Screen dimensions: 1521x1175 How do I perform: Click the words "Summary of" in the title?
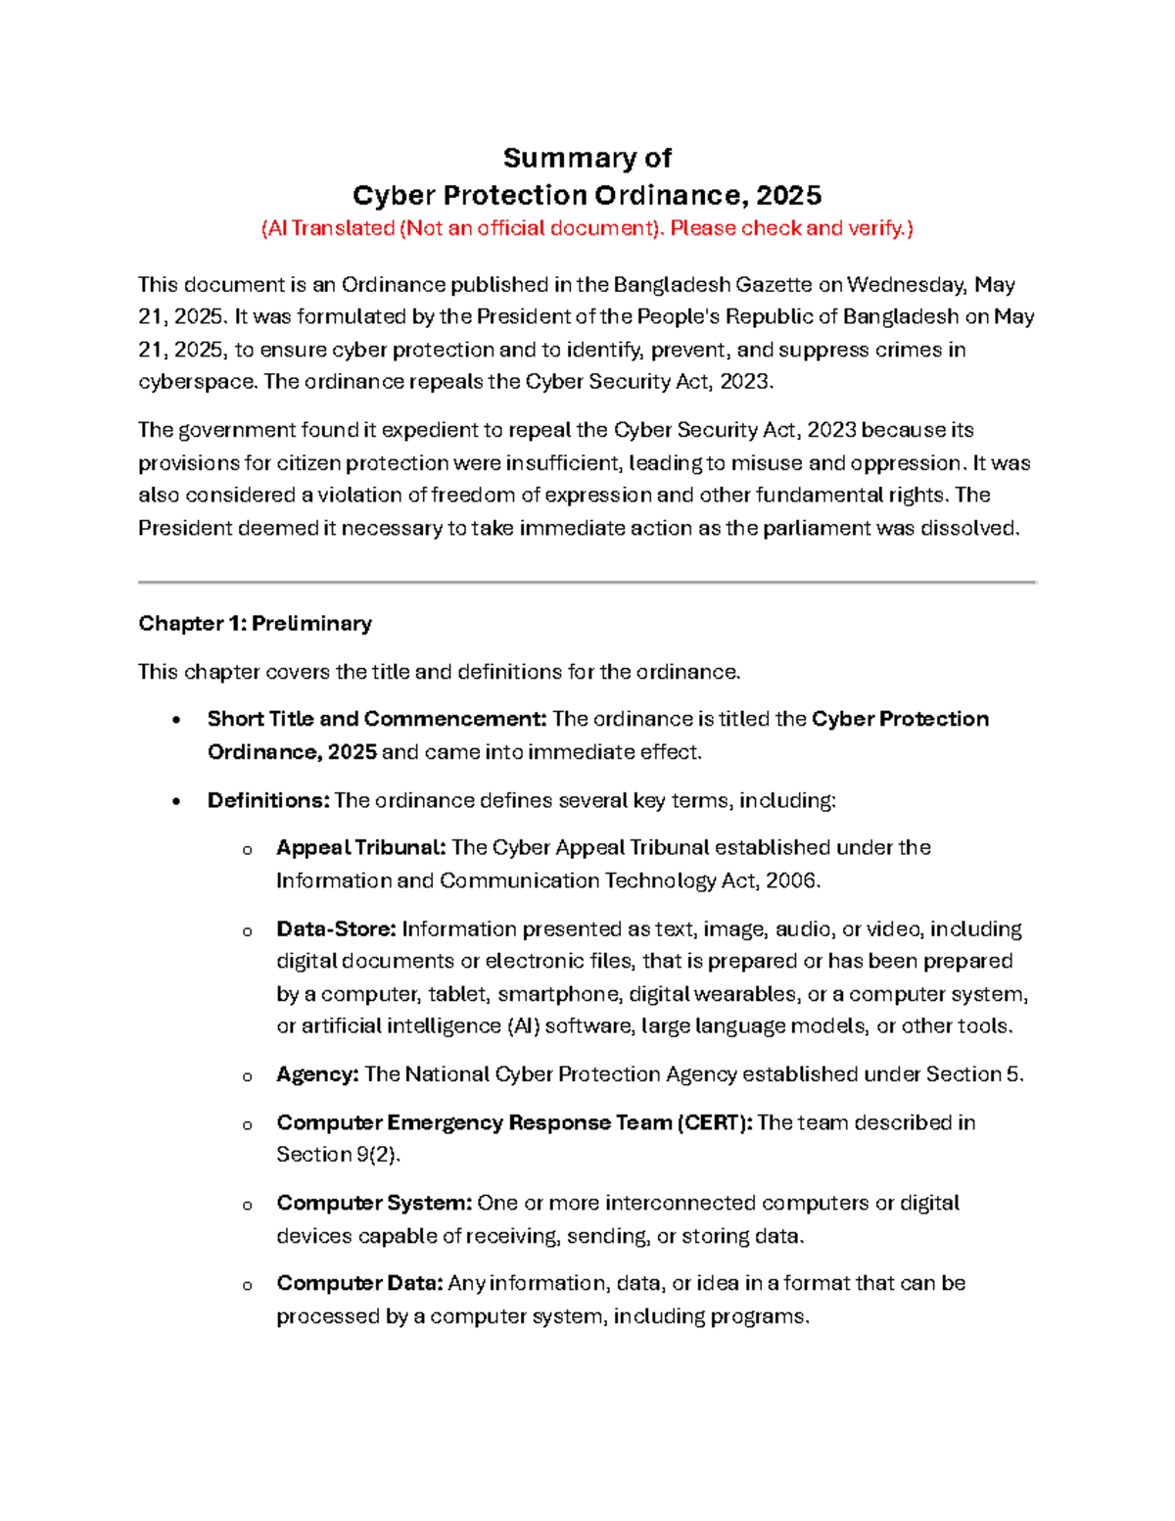click(587, 158)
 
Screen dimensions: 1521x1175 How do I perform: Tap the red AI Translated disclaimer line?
click(587, 228)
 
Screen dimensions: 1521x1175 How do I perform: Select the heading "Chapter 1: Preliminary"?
click(255, 623)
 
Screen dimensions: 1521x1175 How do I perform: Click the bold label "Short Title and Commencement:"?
click(376, 719)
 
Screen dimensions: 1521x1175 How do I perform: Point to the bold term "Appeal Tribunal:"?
click(360, 847)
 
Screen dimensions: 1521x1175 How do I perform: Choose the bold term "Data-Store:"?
click(336, 928)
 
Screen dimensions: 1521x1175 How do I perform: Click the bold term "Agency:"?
click(317, 1074)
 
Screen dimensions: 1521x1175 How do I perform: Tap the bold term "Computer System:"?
click(374, 1203)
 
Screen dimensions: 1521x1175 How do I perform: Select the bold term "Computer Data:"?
click(359, 1283)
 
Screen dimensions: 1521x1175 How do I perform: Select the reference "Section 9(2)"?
click(337, 1155)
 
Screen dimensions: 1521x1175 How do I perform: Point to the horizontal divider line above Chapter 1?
click(587, 582)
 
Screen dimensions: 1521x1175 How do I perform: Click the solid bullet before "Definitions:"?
click(176, 801)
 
